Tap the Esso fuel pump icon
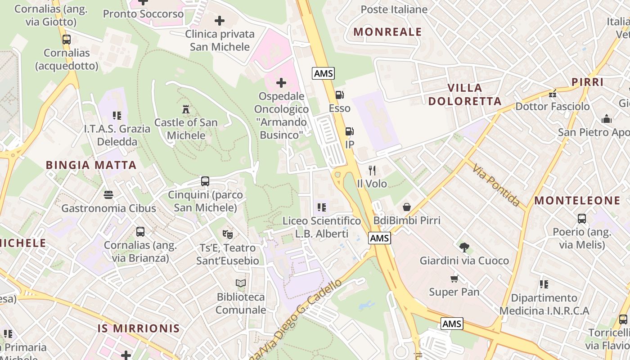pos(339,95)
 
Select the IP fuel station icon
pos(349,131)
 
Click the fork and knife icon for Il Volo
pos(372,170)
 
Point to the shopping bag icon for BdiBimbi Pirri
pos(407,207)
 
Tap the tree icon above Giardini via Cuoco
pos(464,247)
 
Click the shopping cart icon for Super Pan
pos(454,279)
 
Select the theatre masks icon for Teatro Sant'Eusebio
pos(228,234)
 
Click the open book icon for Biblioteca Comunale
pos(241,283)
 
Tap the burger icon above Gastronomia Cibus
pos(108,195)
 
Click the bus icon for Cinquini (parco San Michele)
pos(205,181)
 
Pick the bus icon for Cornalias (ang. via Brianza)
pos(140,232)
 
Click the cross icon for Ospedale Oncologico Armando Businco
pos(281,83)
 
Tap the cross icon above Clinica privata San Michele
pos(220,21)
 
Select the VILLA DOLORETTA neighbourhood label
pos(464,94)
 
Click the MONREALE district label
pos(387,32)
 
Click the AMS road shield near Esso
pos(324,73)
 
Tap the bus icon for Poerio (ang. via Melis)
pos(582,219)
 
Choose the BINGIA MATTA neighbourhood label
pos(91,165)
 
